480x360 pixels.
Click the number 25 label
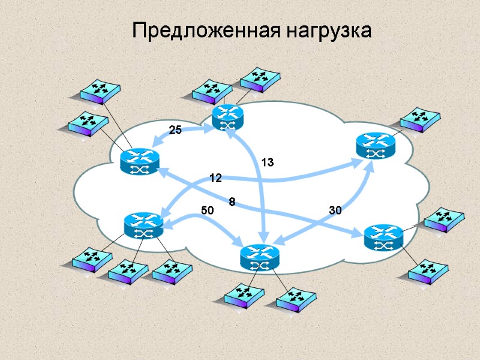click(175, 130)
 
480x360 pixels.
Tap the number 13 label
click(267, 162)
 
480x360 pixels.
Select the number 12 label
click(215, 178)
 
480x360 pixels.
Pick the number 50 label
click(207, 211)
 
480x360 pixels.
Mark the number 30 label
click(335, 211)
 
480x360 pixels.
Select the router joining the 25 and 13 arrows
click(227, 117)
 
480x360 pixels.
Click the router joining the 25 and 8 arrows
click(139, 161)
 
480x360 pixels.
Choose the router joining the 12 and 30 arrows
click(376, 146)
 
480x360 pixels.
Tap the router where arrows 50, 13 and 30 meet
click(259, 257)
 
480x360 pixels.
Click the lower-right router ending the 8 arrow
click(383, 237)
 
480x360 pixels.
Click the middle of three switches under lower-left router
click(128, 272)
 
